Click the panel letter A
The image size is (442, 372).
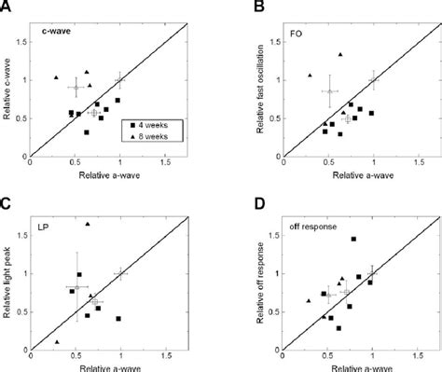7,7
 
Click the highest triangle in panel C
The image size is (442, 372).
88,224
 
